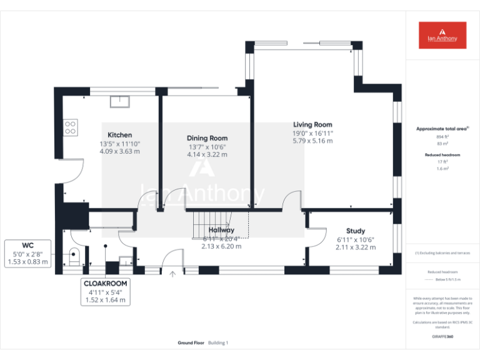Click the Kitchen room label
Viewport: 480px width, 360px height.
coord(119,135)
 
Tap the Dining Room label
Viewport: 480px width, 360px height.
coord(207,138)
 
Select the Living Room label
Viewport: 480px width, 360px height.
coord(312,125)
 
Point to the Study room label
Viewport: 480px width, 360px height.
coord(355,231)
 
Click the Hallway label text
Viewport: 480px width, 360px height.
coord(221,231)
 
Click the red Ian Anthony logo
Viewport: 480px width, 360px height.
coord(442,35)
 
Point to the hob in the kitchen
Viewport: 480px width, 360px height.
coord(71,127)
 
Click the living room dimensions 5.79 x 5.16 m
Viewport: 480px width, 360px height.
coord(312,141)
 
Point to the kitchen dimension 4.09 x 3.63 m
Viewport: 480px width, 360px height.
coord(119,151)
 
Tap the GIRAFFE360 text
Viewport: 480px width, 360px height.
coord(442,337)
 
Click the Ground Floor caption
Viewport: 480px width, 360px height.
coord(190,342)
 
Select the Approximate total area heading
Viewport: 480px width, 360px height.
coord(442,129)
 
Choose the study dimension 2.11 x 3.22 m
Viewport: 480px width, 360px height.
coord(355,247)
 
